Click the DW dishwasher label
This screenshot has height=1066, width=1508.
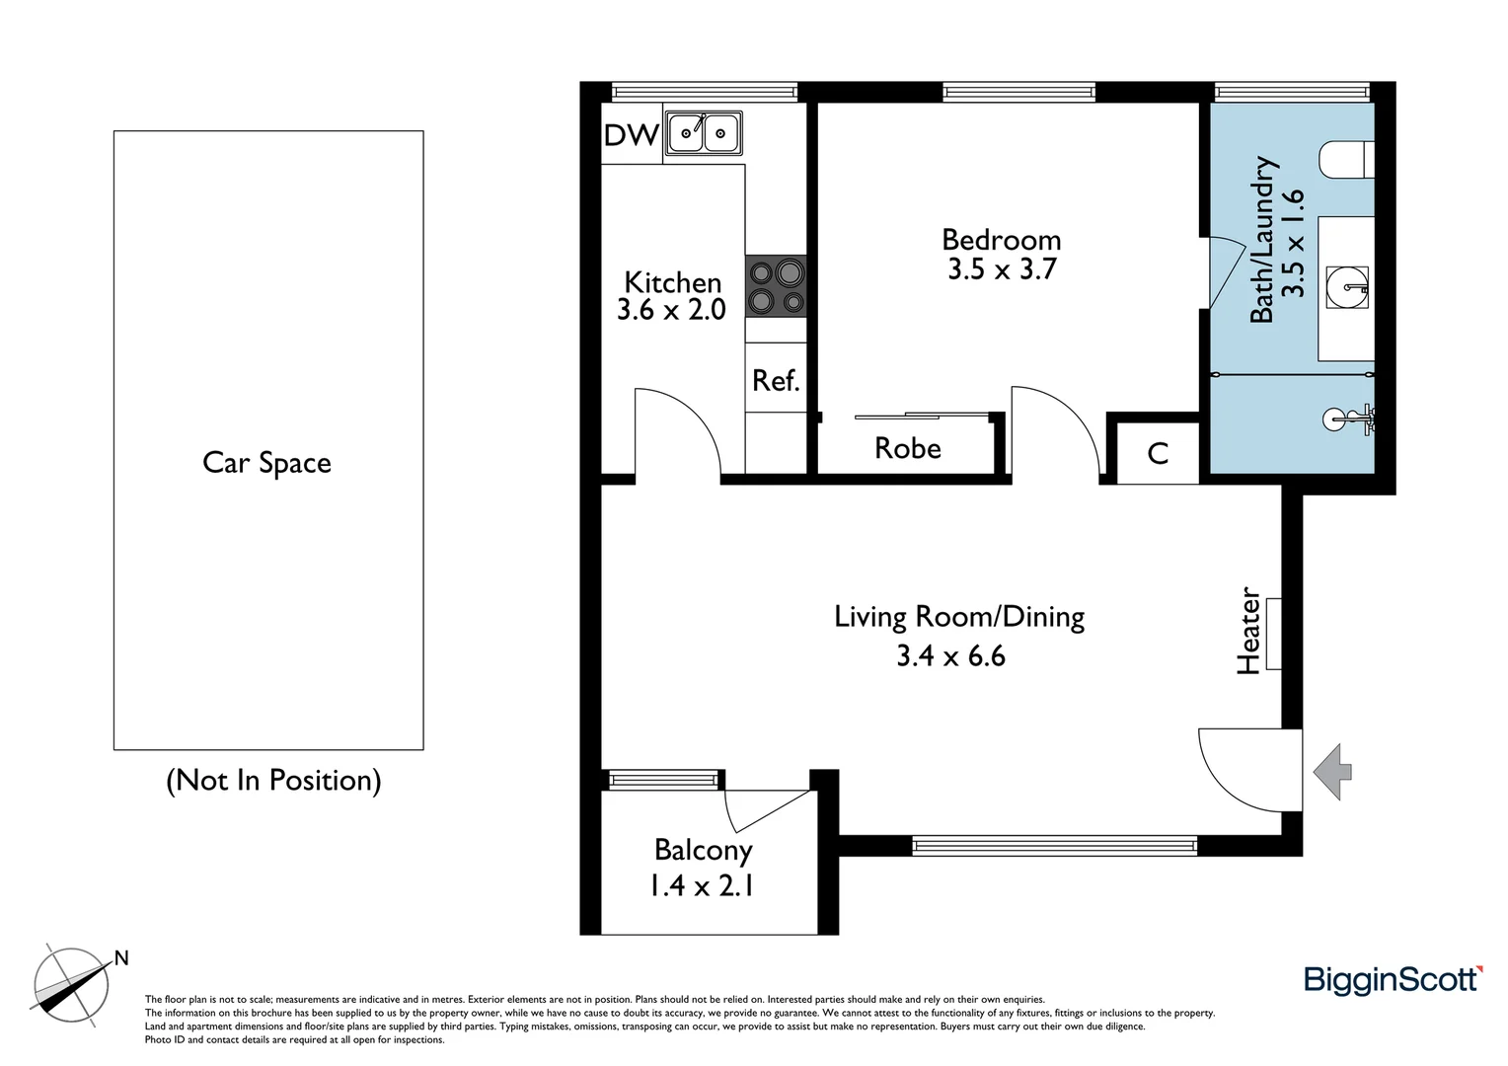tap(631, 135)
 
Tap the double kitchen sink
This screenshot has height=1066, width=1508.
tap(704, 132)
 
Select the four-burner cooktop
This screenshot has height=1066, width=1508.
tap(776, 285)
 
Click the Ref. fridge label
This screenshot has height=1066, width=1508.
tap(775, 380)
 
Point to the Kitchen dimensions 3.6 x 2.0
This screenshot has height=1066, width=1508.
tap(671, 310)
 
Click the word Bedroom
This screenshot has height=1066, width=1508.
tap(1001, 240)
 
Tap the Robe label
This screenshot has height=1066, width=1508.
tap(907, 448)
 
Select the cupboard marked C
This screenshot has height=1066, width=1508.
tap(1158, 453)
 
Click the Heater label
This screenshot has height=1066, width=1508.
tap(1249, 632)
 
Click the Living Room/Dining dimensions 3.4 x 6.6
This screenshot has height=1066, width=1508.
tap(950, 655)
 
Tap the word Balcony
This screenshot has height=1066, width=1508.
tap(703, 850)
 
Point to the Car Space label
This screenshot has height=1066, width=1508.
tap(266, 463)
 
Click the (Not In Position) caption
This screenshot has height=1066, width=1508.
tap(273, 781)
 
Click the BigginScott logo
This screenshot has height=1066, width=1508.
tap(1393, 979)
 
